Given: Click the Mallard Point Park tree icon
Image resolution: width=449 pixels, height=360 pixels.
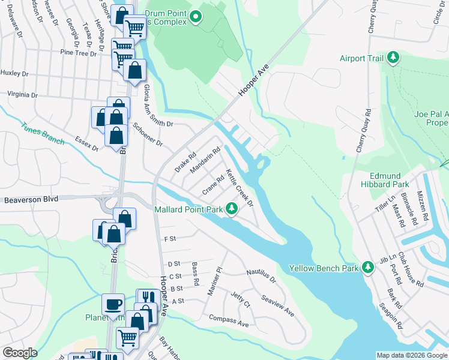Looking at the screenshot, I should pyautogui.click(x=232, y=209).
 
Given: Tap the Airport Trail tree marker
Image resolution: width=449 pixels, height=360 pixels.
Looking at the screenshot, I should pyautogui.click(x=394, y=58).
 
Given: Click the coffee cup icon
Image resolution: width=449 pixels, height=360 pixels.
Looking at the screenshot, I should pyautogui.click(x=112, y=304).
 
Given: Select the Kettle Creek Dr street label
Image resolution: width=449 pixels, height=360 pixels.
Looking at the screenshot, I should pyautogui.click(x=240, y=188).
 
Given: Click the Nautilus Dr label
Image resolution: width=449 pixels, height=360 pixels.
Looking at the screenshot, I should pyautogui.click(x=261, y=275).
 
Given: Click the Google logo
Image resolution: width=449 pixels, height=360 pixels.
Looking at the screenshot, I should pyautogui.click(x=19, y=353).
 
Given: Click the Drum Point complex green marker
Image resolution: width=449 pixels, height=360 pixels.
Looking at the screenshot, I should pyautogui.click(x=196, y=18).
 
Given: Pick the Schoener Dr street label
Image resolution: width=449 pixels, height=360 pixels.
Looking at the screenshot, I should pyautogui.click(x=148, y=136).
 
